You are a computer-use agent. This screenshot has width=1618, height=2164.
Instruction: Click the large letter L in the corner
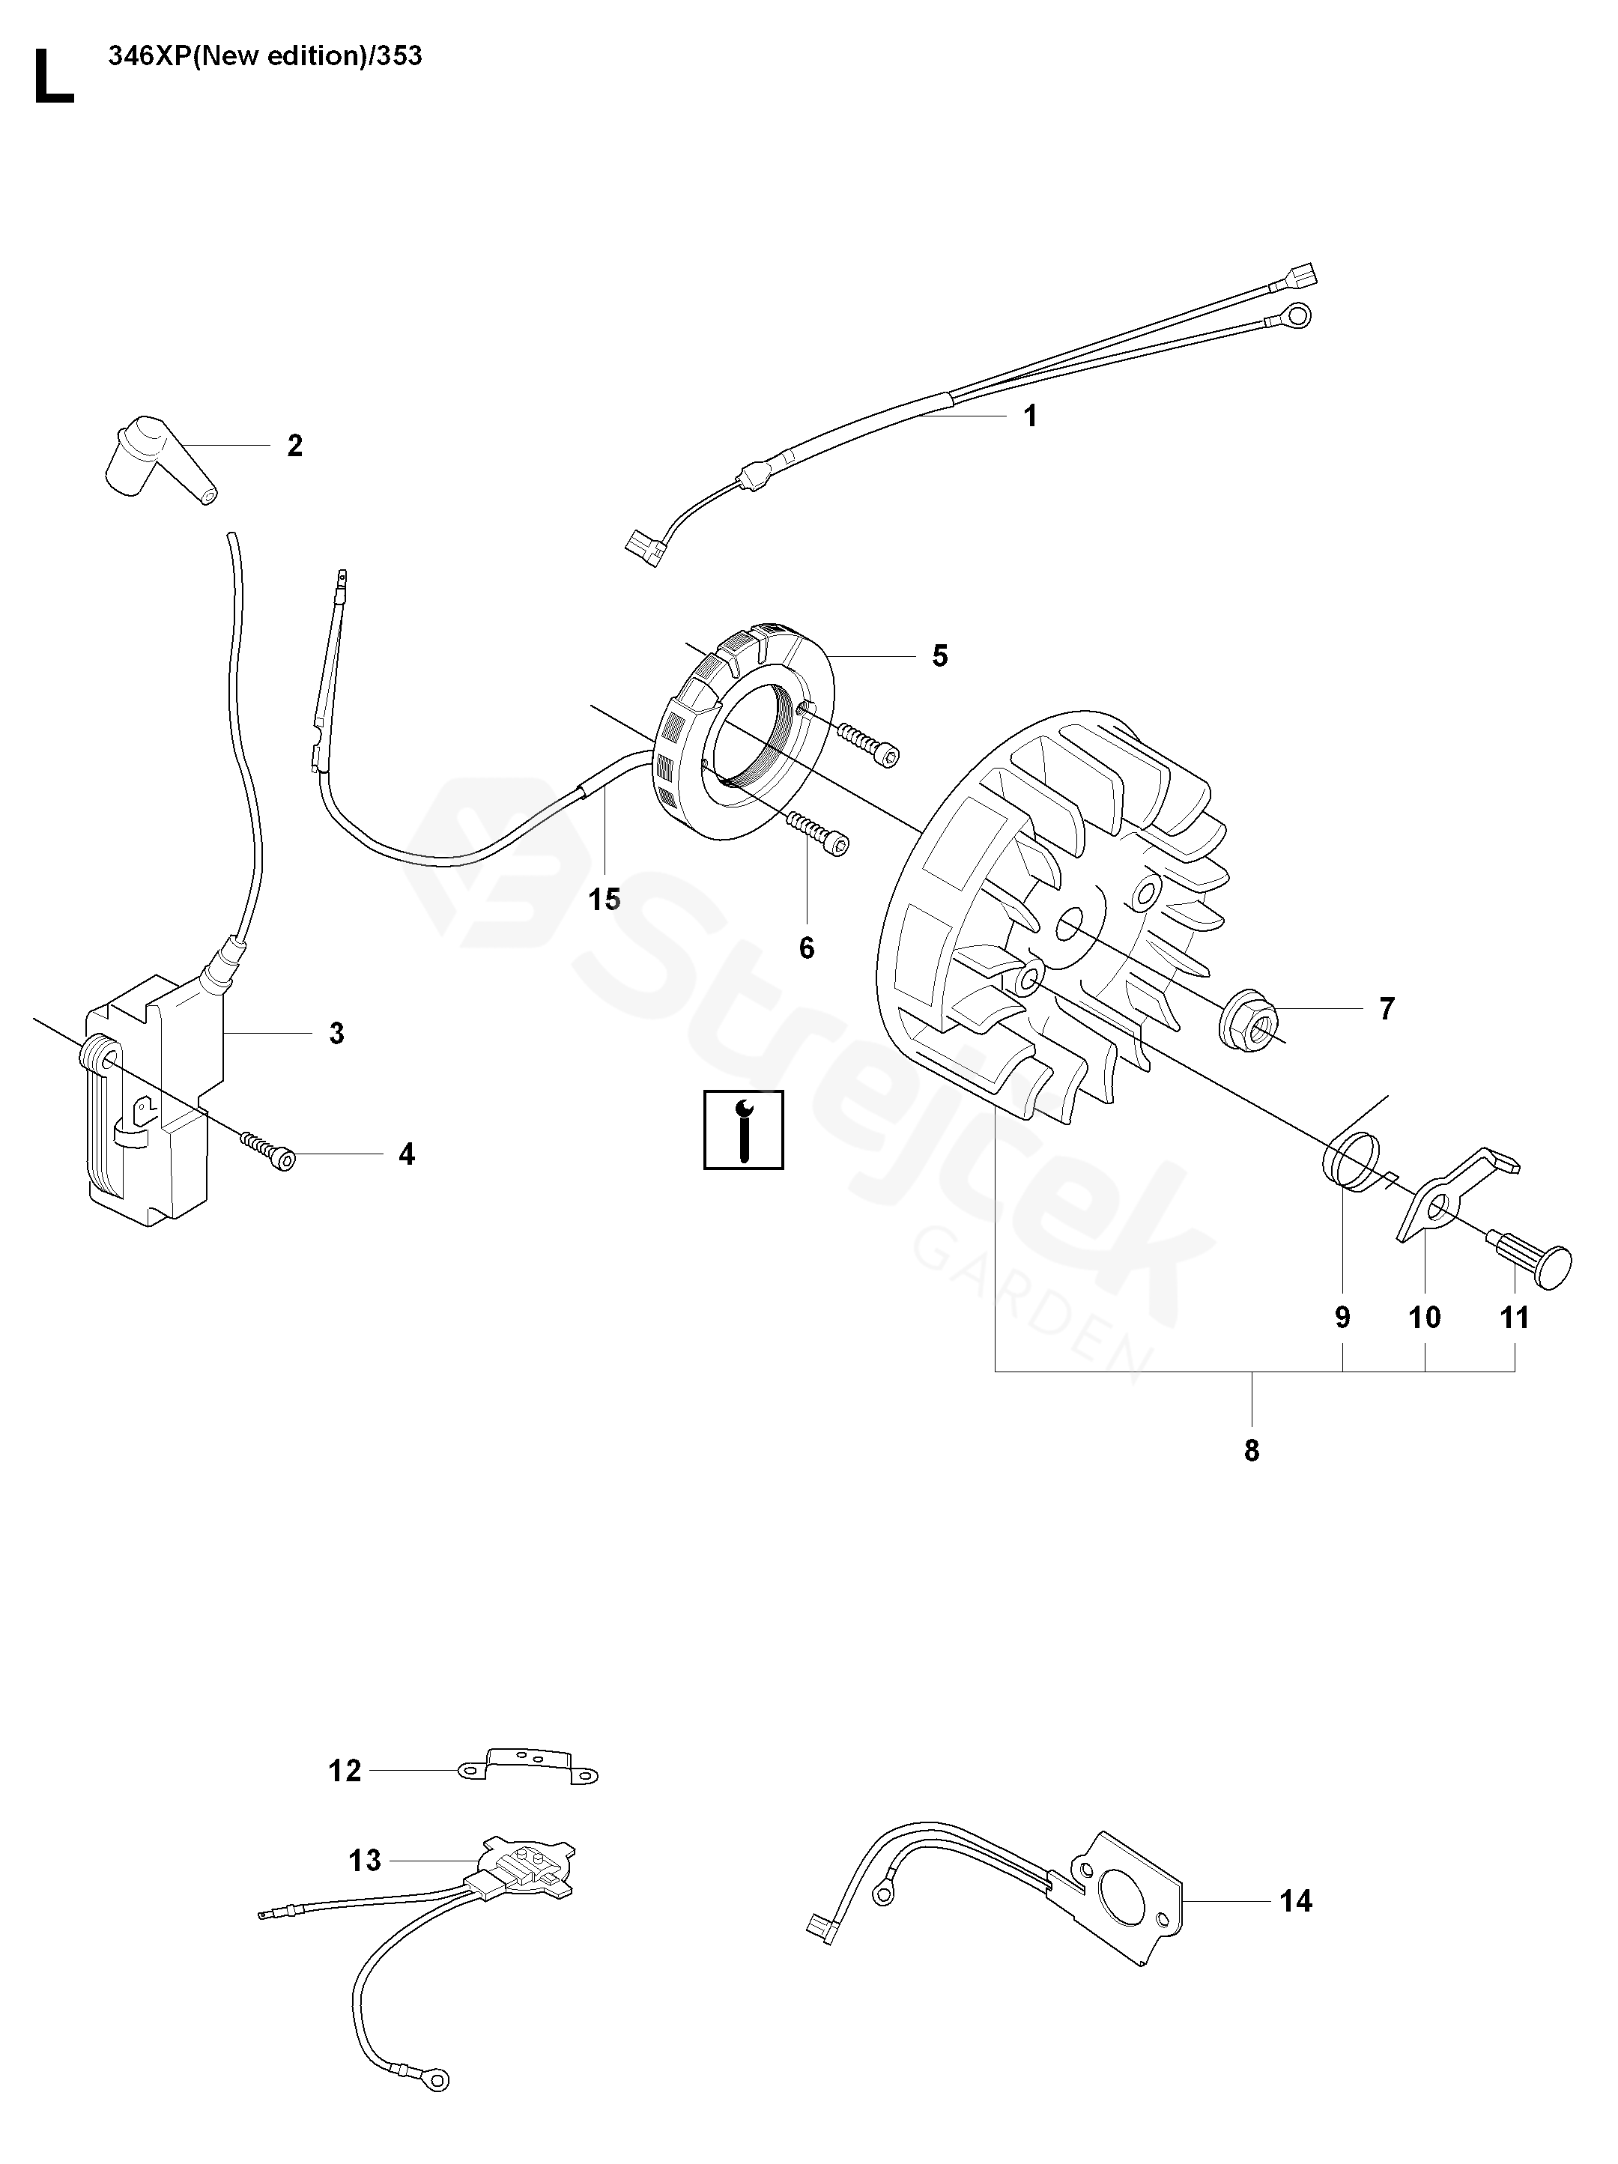(x=53, y=78)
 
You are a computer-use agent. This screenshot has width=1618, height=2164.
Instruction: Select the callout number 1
(x=1029, y=416)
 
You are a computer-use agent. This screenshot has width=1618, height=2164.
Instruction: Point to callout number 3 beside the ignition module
(x=336, y=1033)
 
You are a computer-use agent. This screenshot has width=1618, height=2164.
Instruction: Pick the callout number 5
(x=939, y=655)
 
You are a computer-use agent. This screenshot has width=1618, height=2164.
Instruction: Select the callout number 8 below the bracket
(x=1251, y=1451)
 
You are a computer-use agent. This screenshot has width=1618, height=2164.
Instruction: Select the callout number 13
(x=365, y=1860)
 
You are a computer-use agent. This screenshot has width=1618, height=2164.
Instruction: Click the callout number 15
(x=605, y=899)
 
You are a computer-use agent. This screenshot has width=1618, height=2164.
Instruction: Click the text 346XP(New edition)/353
(x=265, y=55)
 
